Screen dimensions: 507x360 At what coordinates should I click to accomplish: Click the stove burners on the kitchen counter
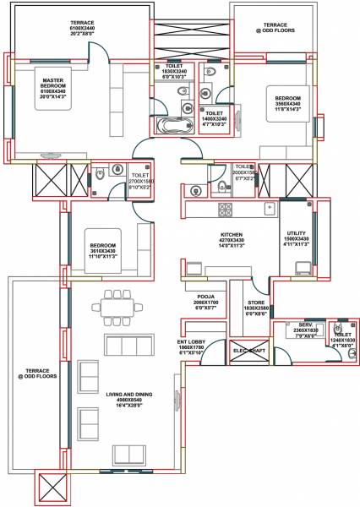click(x=226, y=208)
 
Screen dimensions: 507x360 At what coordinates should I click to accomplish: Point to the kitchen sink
click(x=270, y=207)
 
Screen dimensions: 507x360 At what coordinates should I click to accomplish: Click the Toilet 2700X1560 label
click(x=139, y=179)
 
